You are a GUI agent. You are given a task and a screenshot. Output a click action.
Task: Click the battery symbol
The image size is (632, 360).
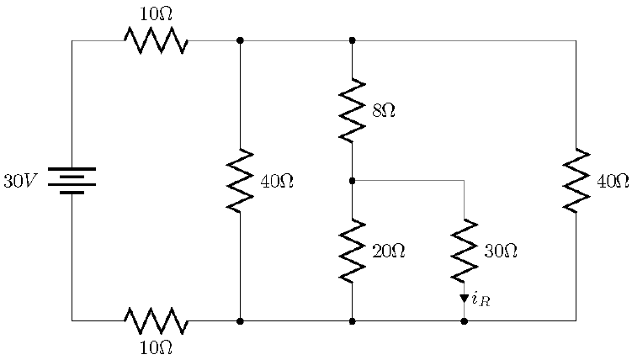click(x=72, y=180)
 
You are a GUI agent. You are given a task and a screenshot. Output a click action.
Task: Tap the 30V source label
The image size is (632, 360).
click(x=20, y=181)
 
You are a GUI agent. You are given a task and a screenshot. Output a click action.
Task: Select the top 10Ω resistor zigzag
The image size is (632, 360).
click(x=156, y=40)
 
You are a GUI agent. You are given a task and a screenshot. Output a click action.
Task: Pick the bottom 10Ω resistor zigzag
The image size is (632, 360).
click(x=156, y=320)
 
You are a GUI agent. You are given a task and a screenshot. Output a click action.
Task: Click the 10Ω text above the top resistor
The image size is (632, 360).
click(x=157, y=14)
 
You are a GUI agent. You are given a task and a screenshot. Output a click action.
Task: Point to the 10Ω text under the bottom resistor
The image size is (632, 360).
click(x=157, y=347)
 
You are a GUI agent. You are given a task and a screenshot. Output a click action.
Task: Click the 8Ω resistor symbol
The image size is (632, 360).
click(x=352, y=110)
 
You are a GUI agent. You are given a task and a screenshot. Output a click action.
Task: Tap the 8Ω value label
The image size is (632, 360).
click(x=384, y=110)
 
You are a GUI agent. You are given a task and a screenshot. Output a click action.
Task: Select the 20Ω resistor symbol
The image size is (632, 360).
click(x=352, y=251)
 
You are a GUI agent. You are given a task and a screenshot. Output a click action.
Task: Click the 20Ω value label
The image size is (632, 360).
click(x=388, y=251)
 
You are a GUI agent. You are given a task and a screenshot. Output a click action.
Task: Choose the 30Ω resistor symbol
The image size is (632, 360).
click(x=464, y=251)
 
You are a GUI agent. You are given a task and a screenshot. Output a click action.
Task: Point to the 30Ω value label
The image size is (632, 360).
click(x=500, y=251)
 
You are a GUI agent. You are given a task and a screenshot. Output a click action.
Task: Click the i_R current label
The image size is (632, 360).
click(x=481, y=298)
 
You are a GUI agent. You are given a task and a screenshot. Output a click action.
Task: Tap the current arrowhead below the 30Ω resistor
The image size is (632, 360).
click(x=464, y=298)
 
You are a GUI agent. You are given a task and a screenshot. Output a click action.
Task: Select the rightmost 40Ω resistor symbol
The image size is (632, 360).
click(x=576, y=181)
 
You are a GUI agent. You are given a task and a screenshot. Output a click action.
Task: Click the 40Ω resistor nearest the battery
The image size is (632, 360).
click(x=240, y=181)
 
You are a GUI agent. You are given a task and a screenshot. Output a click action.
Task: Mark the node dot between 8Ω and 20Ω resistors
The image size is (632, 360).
click(x=352, y=180)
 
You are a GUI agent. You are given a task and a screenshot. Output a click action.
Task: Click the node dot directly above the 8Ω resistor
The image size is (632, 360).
click(x=352, y=40)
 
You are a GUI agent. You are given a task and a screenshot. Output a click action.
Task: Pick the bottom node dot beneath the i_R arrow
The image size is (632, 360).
click(x=464, y=320)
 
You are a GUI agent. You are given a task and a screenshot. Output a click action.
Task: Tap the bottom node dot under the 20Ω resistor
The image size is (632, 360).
click(x=352, y=320)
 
